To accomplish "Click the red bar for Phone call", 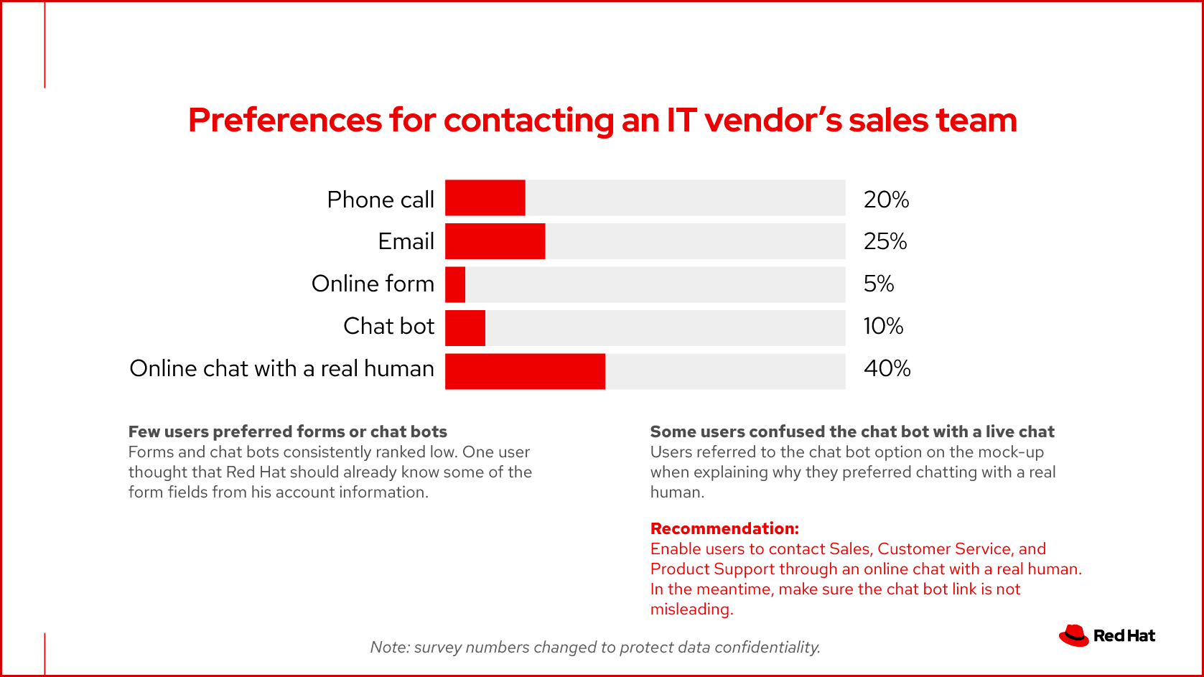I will [x=485, y=198].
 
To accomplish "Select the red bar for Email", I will [x=495, y=241].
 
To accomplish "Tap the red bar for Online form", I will [x=455, y=285].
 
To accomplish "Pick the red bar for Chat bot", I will [x=465, y=328].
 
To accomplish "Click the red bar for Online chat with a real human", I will [x=525, y=371].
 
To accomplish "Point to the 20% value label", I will [x=886, y=200].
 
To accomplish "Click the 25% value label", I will [x=885, y=241].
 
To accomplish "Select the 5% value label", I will [x=879, y=284].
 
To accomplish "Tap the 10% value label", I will [x=883, y=326].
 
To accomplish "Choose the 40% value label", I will [x=887, y=368].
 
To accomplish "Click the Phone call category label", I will [x=381, y=200].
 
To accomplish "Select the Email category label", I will [x=406, y=241].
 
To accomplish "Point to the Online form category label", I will [x=373, y=284].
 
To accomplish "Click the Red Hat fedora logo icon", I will [x=1074, y=635].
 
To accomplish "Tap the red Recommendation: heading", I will [x=724, y=528].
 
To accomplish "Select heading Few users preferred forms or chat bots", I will [x=287, y=431].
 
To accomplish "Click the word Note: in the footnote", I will [x=390, y=647].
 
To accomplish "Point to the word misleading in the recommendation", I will [x=691, y=610].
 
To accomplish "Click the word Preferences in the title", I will [x=284, y=120].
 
